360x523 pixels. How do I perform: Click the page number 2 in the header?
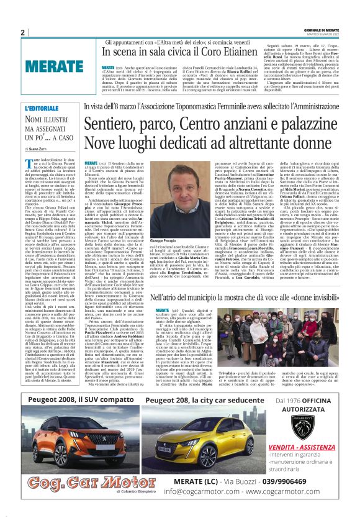(x=22, y=32)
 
